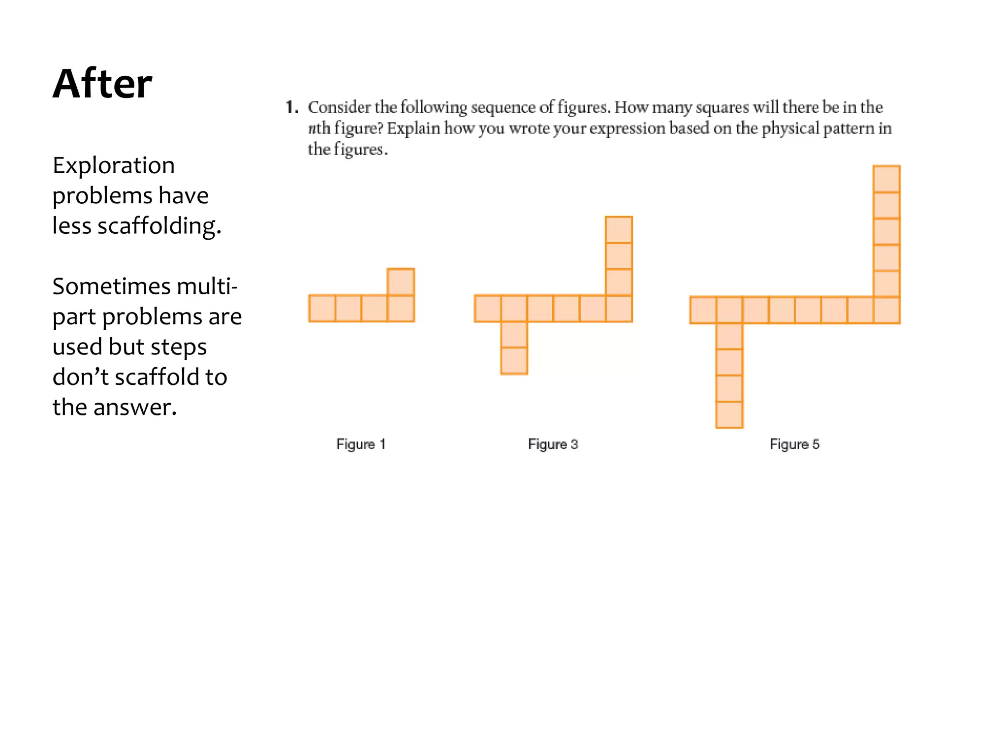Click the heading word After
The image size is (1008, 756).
(102, 84)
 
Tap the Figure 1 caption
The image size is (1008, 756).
(361, 444)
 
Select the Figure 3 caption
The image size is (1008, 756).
(553, 444)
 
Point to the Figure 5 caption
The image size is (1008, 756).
(794, 444)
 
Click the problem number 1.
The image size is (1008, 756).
(291, 107)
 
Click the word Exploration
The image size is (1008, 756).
(114, 165)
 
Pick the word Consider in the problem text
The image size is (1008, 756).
(339, 107)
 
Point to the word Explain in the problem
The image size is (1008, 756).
(413, 128)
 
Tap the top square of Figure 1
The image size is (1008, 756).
(401, 282)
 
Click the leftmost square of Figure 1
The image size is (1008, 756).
(322, 308)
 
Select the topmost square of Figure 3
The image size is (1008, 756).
(619, 230)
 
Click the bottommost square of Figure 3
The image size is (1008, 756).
(514, 361)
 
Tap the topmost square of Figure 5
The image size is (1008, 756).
(886, 179)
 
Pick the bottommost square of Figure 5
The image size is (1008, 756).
(729, 415)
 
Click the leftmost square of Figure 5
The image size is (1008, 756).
(703, 310)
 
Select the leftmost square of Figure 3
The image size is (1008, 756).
(488, 308)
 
